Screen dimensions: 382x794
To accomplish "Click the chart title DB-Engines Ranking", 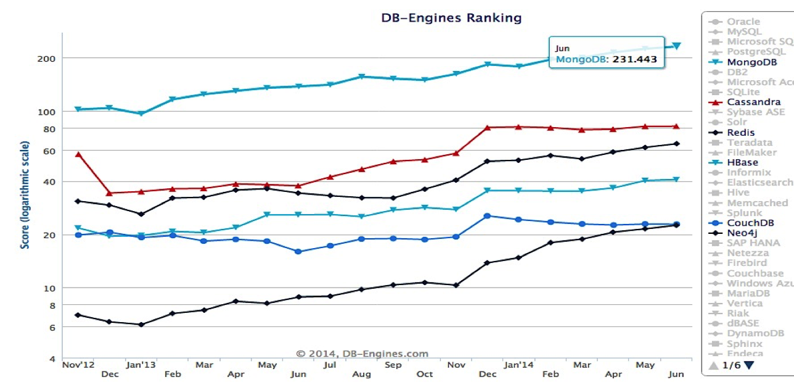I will coord(451,18).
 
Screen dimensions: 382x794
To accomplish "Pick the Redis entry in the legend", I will coord(740,132).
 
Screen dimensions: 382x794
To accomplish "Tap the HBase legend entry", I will coord(742,162).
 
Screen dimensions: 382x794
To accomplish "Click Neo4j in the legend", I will coord(740,233).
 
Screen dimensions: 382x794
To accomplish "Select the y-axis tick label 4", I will coord(53,359).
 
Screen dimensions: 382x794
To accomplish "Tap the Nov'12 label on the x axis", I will coord(79,365).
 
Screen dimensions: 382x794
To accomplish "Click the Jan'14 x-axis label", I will coord(518,365).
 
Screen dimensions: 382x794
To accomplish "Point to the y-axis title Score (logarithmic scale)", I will coord(25,195).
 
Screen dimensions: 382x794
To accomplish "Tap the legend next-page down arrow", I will coord(749,365).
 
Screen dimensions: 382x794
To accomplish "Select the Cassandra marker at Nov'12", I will coord(78,154).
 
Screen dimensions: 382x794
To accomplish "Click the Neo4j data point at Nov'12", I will coord(78,315).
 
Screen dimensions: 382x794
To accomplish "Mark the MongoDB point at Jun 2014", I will coord(676,46).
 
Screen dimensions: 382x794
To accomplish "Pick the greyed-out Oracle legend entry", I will coord(743,22).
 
